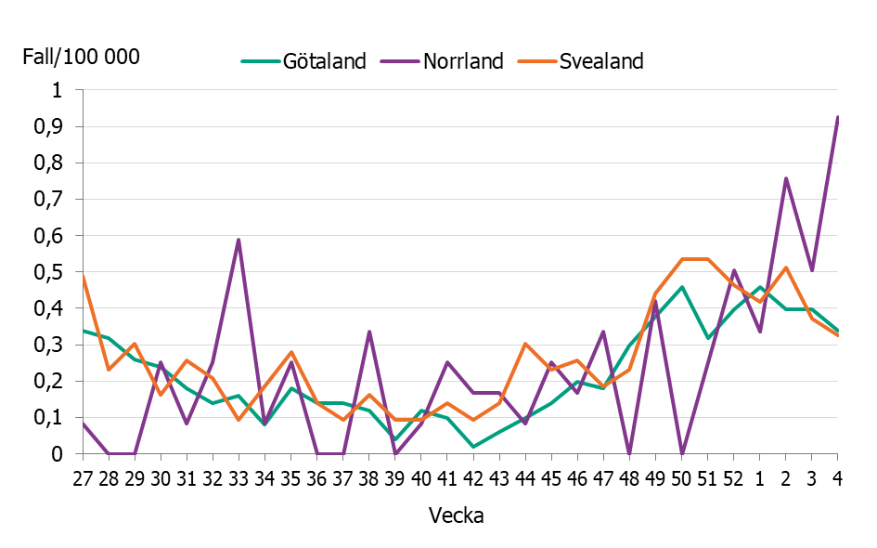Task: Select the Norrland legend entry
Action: click(463, 61)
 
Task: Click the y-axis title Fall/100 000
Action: click(81, 57)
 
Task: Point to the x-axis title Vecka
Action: click(456, 515)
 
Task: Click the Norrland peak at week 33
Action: click(239, 240)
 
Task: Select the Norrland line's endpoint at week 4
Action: click(837, 117)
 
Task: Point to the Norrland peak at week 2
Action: click(785, 178)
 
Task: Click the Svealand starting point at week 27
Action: click(83, 276)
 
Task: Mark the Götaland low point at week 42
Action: click(473, 447)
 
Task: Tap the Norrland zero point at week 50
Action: click(681, 453)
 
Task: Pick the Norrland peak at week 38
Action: click(369, 332)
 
